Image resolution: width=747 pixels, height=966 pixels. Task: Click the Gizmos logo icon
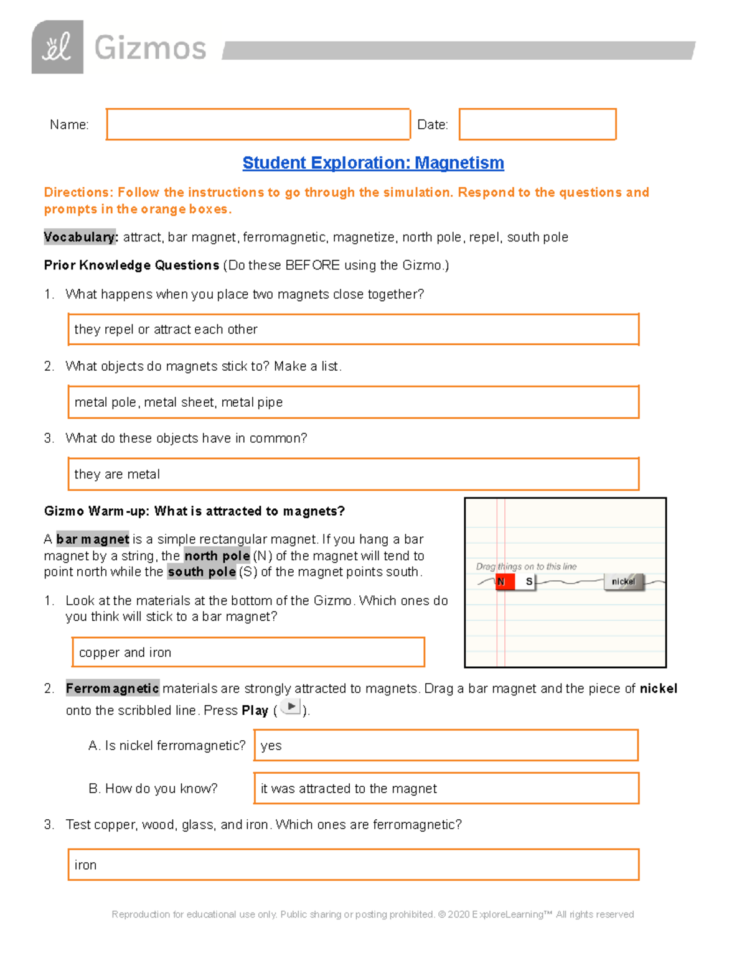[x=57, y=47]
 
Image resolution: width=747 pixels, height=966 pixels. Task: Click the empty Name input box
[x=258, y=124]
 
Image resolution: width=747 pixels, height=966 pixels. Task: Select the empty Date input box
[x=537, y=124]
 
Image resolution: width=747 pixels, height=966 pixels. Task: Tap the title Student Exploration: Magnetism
[x=373, y=163]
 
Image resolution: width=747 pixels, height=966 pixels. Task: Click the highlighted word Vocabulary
[x=80, y=237]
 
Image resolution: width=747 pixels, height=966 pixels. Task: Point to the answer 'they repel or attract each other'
[x=166, y=330]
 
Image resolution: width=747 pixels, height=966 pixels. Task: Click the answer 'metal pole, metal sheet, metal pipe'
[x=179, y=402]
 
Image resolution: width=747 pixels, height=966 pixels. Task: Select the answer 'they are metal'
[x=117, y=475]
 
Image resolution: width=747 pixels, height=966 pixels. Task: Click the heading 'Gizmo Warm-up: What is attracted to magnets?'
[x=194, y=511]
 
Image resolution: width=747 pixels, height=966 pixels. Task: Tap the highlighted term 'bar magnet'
[x=93, y=539]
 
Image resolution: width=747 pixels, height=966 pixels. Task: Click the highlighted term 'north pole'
[x=217, y=556]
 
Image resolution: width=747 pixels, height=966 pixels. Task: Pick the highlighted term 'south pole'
[x=202, y=572]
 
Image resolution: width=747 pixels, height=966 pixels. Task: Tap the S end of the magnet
[x=528, y=582]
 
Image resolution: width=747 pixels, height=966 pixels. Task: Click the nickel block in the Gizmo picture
[x=623, y=582]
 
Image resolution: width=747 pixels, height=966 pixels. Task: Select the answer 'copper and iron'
[x=125, y=653]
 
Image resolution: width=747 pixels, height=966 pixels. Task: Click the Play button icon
[x=291, y=707]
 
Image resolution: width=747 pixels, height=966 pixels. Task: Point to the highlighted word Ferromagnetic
[x=113, y=689]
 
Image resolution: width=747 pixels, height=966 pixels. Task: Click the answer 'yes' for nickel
[x=271, y=746]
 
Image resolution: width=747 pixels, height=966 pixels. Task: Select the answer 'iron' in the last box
[x=86, y=865]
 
